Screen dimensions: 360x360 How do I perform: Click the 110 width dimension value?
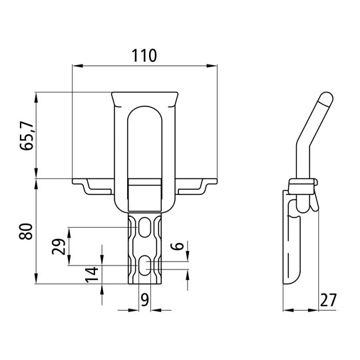(144, 56)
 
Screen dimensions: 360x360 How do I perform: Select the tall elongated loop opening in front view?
(145, 143)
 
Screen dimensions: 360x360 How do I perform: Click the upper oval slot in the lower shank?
(145, 230)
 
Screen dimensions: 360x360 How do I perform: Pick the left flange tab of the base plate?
(93, 186)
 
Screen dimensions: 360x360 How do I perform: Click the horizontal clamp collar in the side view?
(303, 184)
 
